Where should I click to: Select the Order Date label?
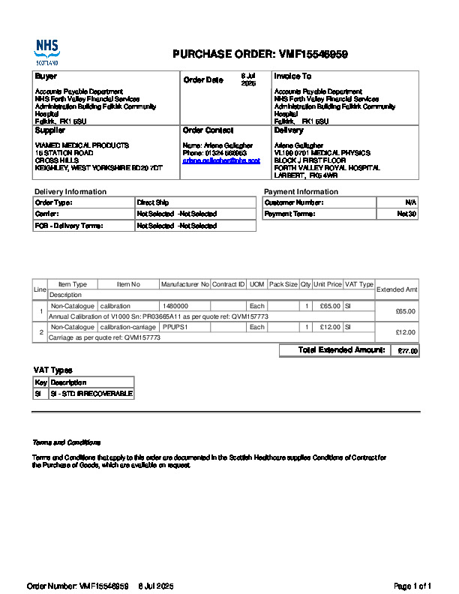202,80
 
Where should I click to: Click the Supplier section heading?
50,130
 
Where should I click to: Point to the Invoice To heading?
292,76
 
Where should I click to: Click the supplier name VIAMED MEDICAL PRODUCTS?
82,145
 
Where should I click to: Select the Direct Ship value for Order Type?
153,202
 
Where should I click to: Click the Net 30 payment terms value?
406,214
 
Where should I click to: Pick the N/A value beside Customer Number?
410,202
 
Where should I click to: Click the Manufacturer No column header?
184,285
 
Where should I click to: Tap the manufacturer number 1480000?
175,307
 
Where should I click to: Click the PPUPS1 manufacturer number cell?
175,328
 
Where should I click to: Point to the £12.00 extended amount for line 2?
405,332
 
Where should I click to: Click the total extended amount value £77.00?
407,351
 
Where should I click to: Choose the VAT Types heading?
52,370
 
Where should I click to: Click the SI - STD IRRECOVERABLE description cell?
91,394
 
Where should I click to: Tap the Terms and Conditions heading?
66,442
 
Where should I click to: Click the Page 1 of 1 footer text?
412,586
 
